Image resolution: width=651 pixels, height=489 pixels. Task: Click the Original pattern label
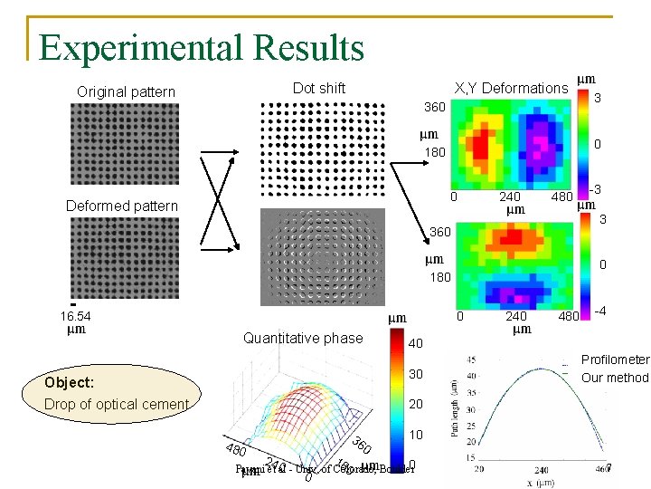tap(126, 92)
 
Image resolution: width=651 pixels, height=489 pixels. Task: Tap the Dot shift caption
tap(318, 88)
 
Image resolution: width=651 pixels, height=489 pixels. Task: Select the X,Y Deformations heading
tap(511, 88)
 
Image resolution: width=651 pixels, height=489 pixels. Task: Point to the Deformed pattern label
tap(122, 206)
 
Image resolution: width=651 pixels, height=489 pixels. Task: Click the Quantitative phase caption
tap(303, 338)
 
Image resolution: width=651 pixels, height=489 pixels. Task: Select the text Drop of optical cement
tap(116, 404)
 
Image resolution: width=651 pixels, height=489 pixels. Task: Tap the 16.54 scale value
tap(76, 317)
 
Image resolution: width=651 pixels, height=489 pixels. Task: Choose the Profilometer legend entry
tap(615, 360)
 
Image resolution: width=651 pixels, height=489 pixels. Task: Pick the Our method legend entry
tap(615, 378)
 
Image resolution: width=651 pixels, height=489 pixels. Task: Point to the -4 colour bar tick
tap(599, 312)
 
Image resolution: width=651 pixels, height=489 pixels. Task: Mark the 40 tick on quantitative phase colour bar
tap(415, 344)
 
